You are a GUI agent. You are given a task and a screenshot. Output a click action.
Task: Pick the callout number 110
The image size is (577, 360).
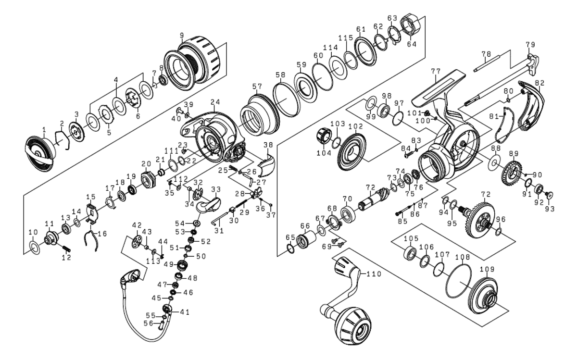373,274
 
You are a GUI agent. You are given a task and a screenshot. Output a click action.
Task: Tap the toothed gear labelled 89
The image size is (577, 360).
512,171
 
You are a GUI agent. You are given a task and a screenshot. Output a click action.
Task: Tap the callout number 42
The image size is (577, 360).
137,224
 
